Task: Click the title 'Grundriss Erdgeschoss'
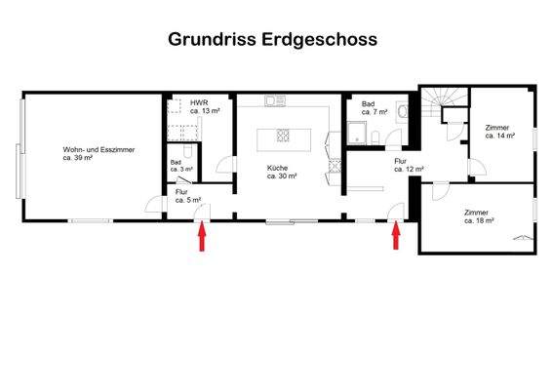[272, 40]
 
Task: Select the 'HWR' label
[199, 102]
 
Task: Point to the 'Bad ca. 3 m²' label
[180, 166]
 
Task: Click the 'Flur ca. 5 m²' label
[187, 196]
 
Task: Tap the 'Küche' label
[279, 168]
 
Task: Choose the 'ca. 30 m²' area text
[283, 176]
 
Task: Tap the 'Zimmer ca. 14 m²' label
[499, 132]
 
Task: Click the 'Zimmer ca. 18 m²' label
[478, 216]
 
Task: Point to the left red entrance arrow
[202, 237]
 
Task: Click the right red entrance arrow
[396, 237]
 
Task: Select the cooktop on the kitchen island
[284, 136]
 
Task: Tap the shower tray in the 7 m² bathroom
[356, 136]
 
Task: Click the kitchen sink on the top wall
[273, 100]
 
